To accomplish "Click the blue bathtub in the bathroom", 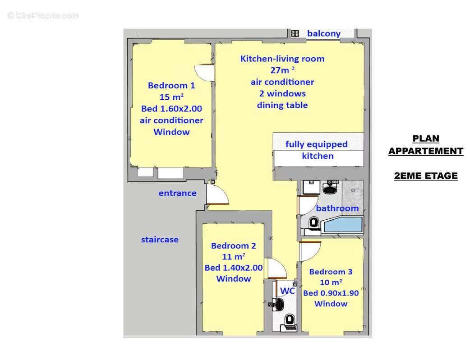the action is [x=343, y=225].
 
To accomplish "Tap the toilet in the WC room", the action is [x=290, y=321].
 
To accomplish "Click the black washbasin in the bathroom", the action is [x=330, y=188].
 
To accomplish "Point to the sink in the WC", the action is [x=279, y=304].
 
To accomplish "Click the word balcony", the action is [x=324, y=33].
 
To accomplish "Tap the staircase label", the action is [x=160, y=240].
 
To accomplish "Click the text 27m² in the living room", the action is [x=282, y=70].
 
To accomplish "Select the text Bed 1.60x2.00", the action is [x=171, y=109].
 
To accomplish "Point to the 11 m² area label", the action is [x=234, y=257].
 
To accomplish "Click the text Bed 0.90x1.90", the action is [x=331, y=293].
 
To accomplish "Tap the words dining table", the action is [x=282, y=105].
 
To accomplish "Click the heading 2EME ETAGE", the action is [x=426, y=176].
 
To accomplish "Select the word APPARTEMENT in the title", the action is [x=426, y=151].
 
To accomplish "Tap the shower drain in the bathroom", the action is [x=353, y=190].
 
